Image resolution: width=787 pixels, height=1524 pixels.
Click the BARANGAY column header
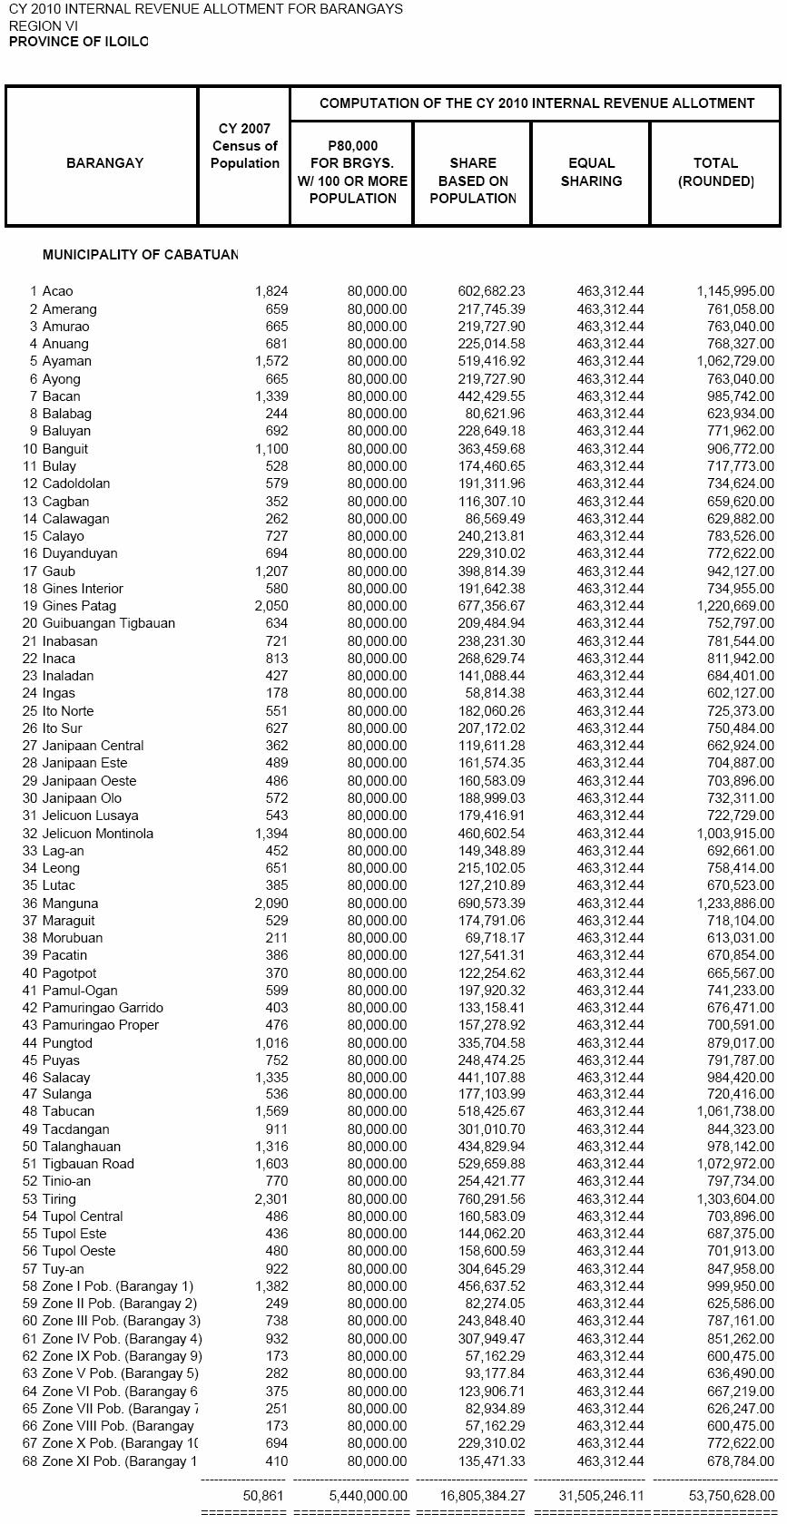104,163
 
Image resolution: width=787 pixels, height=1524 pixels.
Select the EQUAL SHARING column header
591,172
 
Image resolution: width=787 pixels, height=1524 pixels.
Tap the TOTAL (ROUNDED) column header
715,172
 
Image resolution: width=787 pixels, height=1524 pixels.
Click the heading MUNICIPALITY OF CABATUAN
140,255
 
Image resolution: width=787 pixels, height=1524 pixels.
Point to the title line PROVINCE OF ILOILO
79,42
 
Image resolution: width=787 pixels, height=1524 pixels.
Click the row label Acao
57,291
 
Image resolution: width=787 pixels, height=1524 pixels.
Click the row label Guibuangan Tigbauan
108,623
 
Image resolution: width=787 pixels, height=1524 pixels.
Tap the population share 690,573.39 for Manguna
491,904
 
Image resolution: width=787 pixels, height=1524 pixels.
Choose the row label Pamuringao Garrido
103,1008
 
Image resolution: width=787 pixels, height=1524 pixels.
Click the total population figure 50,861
265,1496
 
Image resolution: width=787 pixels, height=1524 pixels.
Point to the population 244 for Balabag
276,414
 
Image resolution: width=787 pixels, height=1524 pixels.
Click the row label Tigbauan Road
88,1164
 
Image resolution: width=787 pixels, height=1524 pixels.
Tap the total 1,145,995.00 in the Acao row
735,291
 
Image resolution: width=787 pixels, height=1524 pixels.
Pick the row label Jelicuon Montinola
97,834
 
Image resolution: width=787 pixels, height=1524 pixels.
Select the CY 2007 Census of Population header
244,146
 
